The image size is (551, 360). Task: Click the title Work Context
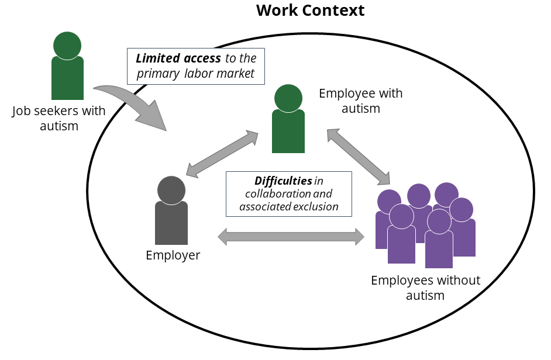coord(310,11)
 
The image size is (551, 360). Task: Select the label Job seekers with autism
coord(58,118)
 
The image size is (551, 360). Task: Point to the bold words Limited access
coord(178,58)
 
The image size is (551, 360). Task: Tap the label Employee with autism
coord(360,101)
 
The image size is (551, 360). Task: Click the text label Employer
coord(173,255)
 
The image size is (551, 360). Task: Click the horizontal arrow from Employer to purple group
coord(291,237)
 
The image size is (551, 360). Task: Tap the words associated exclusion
coord(289,206)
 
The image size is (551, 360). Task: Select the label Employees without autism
coord(425,288)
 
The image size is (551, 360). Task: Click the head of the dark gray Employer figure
coord(171,190)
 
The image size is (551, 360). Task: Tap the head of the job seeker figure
coord(67,45)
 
